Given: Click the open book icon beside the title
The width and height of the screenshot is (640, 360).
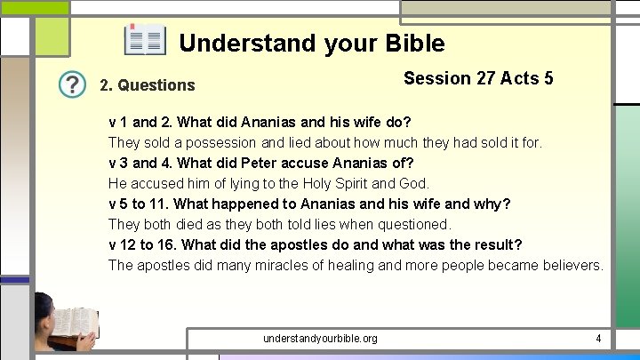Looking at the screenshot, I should tap(145, 40).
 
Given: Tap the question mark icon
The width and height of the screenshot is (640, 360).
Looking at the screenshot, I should tap(72, 84).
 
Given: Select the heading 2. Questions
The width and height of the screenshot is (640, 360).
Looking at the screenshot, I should tap(147, 85).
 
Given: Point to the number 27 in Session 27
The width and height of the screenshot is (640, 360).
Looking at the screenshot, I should tap(486, 78).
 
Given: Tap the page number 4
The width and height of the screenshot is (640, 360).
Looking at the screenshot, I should tap(598, 339).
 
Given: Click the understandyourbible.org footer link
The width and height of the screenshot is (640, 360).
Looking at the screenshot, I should tap(320, 339).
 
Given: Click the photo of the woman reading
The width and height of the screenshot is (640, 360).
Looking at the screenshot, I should tap(64, 323).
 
